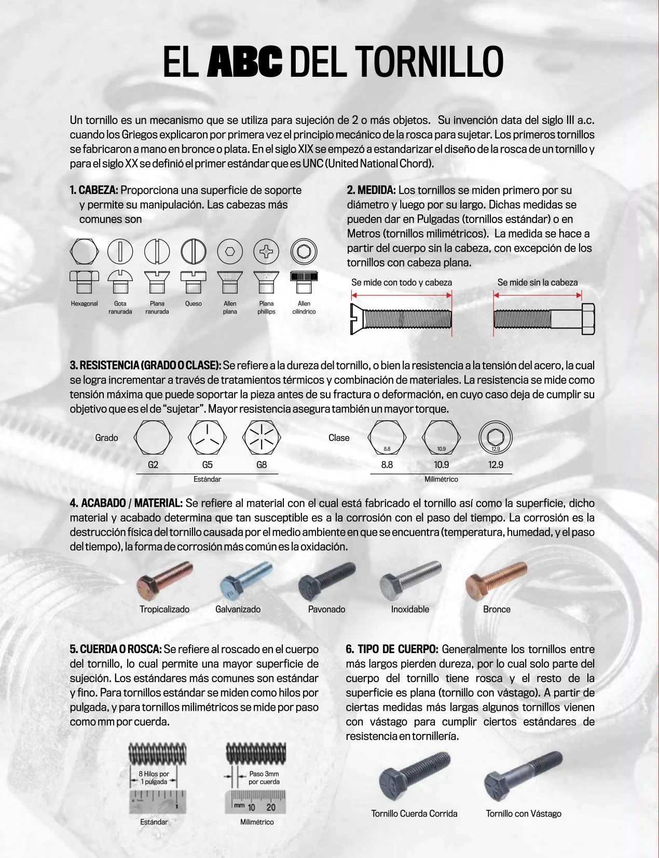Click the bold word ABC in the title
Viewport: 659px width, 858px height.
point(244,62)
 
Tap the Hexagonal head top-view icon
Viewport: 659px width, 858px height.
point(84,252)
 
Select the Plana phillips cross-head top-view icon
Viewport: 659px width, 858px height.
point(266,252)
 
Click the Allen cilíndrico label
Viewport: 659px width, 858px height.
point(304,308)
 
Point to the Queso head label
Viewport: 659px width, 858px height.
point(194,304)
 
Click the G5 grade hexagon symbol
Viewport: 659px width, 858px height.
point(207,438)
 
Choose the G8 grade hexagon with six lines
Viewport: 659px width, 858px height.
point(262,438)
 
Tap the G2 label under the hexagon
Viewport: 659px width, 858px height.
point(153,465)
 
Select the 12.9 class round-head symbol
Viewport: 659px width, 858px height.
point(496,437)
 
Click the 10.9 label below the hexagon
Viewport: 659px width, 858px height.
point(442,465)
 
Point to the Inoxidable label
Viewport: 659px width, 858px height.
point(410,610)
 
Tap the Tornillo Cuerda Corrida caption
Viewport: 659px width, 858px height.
point(414,814)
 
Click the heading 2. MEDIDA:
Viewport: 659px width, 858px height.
point(371,190)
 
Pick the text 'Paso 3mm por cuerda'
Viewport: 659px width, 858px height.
point(264,778)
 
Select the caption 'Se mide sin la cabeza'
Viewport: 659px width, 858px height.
point(537,283)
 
